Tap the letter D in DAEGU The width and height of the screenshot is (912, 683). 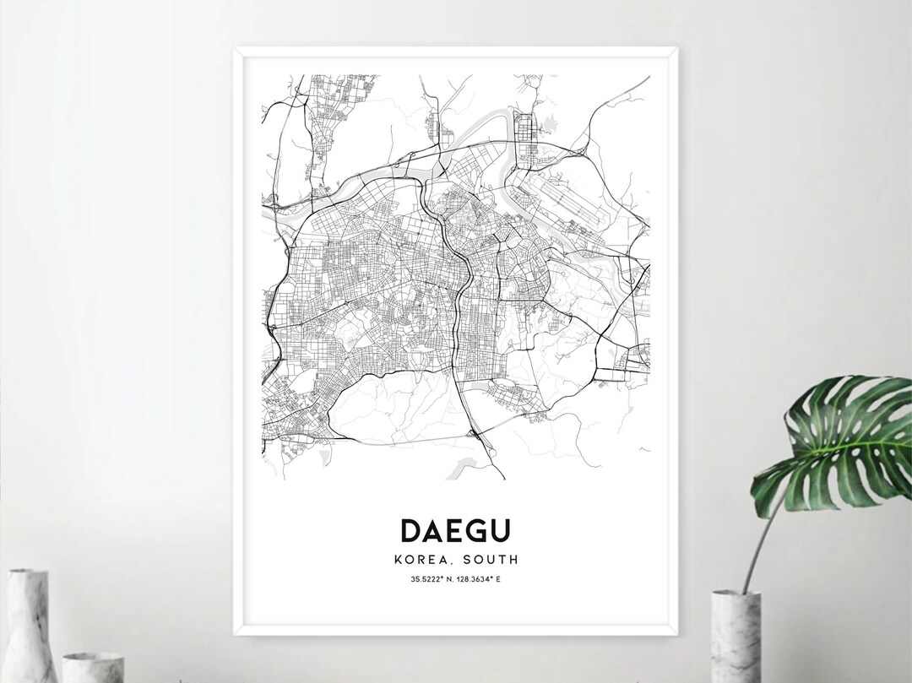point(410,530)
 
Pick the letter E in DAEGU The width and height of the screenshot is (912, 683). point(455,530)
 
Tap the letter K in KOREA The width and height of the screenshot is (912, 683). point(399,559)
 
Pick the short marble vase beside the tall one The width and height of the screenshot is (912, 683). point(93,667)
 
